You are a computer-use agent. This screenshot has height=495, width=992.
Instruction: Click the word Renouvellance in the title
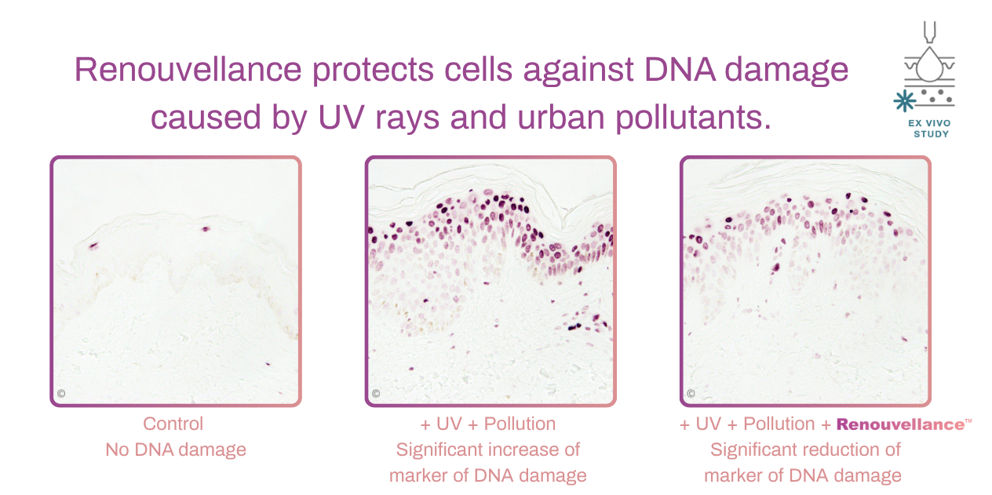click(188, 70)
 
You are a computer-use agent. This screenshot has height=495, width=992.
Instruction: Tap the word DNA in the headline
click(680, 70)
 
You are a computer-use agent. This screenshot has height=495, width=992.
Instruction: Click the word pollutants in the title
click(693, 118)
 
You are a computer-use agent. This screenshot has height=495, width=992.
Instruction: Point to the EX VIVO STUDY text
click(929, 129)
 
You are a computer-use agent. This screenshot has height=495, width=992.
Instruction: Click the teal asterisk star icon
click(904, 100)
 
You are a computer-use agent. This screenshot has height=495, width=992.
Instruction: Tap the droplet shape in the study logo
click(929, 64)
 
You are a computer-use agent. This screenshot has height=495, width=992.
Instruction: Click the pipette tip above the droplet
click(929, 33)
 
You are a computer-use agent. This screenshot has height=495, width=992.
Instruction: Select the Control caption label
click(173, 424)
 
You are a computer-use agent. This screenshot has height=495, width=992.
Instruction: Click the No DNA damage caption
click(176, 450)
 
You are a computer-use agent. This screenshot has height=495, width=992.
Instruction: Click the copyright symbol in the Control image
click(61, 394)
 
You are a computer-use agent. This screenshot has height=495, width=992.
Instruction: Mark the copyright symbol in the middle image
click(376, 393)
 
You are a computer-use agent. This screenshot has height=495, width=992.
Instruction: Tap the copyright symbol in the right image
click(691, 393)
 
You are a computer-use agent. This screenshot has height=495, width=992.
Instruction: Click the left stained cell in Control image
click(93, 246)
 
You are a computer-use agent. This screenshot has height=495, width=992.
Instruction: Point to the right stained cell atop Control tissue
click(205, 229)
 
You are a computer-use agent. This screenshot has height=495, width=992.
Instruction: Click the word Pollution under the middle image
click(520, 424)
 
